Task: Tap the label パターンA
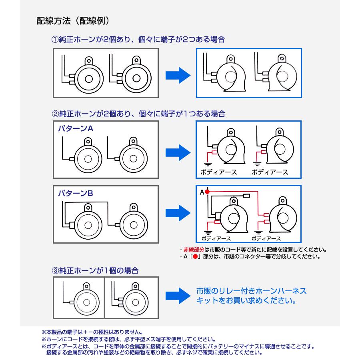(x=76, y=129)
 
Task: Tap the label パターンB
(x=76, y=193)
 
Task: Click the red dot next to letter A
(x=207, y=192)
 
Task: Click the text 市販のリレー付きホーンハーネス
(x=251, y=291)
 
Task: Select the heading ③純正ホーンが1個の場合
(x=96, y=270)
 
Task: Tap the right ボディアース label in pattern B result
(x=269, y=238)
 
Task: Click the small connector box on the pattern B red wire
(x=246, y=196)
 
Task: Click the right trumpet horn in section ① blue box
(x=280, y=76)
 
